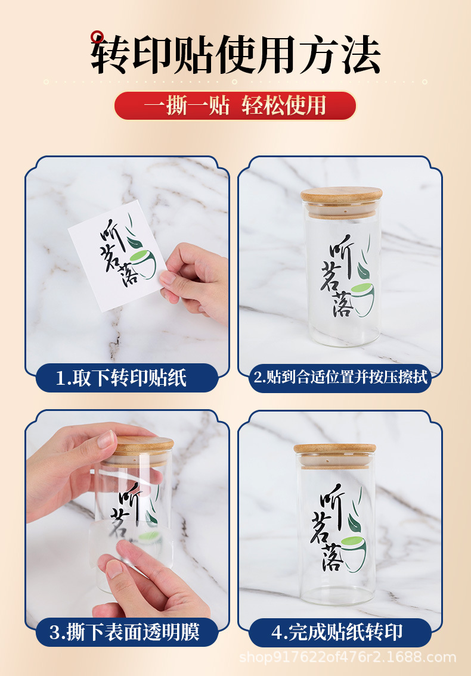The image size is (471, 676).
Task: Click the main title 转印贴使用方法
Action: click(235, 55)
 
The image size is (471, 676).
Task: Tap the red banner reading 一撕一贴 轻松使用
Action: click(235, 105)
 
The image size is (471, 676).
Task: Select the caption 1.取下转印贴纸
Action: click(126, 378)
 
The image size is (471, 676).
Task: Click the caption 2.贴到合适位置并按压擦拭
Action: click(340, 378)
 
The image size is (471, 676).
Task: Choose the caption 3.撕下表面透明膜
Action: click(126, 632)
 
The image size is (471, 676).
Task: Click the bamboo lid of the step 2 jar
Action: click(342, 197)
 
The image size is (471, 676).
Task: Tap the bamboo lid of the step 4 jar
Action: click(334, 450)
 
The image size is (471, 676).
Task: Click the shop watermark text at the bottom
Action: click(348, 658)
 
